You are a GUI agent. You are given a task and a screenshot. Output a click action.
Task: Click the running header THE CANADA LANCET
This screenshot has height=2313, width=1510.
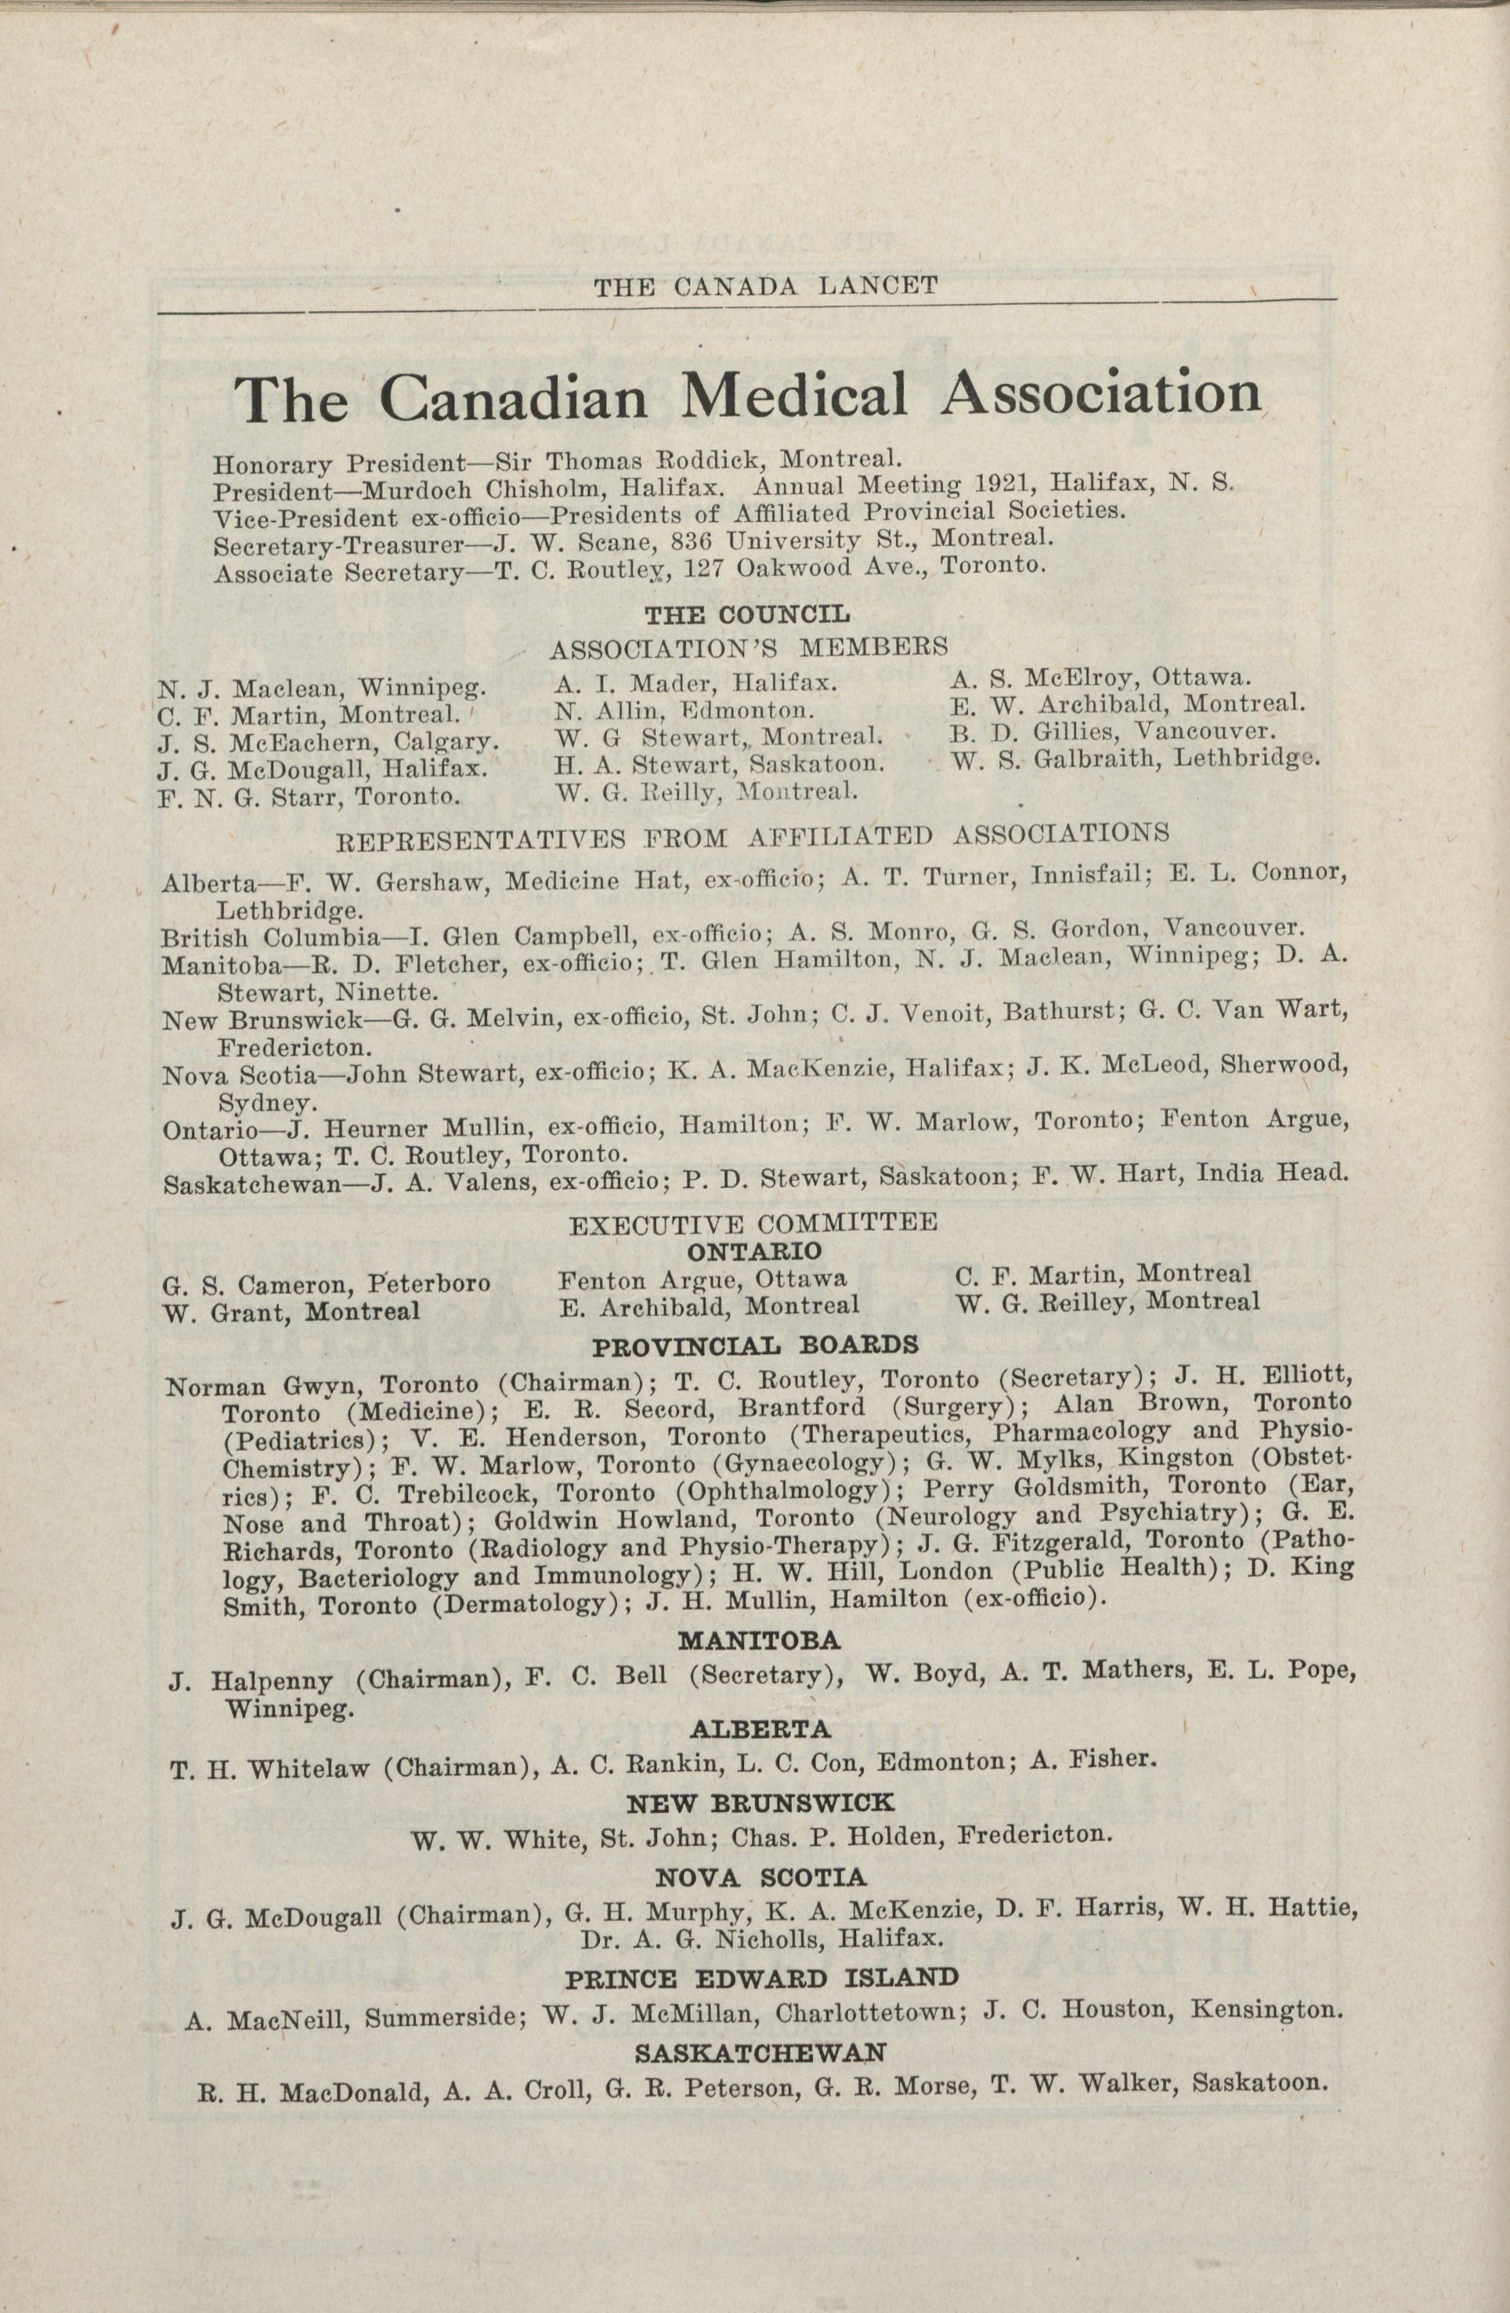(766, 286)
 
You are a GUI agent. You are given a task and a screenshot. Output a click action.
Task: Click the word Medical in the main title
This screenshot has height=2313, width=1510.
(794, 396)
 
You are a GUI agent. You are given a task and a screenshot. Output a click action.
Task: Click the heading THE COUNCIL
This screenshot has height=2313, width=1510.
(747, 614)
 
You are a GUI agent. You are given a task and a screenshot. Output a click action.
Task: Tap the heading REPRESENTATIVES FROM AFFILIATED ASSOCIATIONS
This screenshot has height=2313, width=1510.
(751, 834)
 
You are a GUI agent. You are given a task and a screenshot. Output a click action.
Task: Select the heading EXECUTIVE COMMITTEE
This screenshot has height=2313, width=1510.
(753, 1222)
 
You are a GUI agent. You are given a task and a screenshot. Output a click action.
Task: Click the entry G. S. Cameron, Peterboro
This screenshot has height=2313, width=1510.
(327, 1285)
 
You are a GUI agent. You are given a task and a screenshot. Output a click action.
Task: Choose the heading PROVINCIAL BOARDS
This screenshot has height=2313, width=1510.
(755, 1345)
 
